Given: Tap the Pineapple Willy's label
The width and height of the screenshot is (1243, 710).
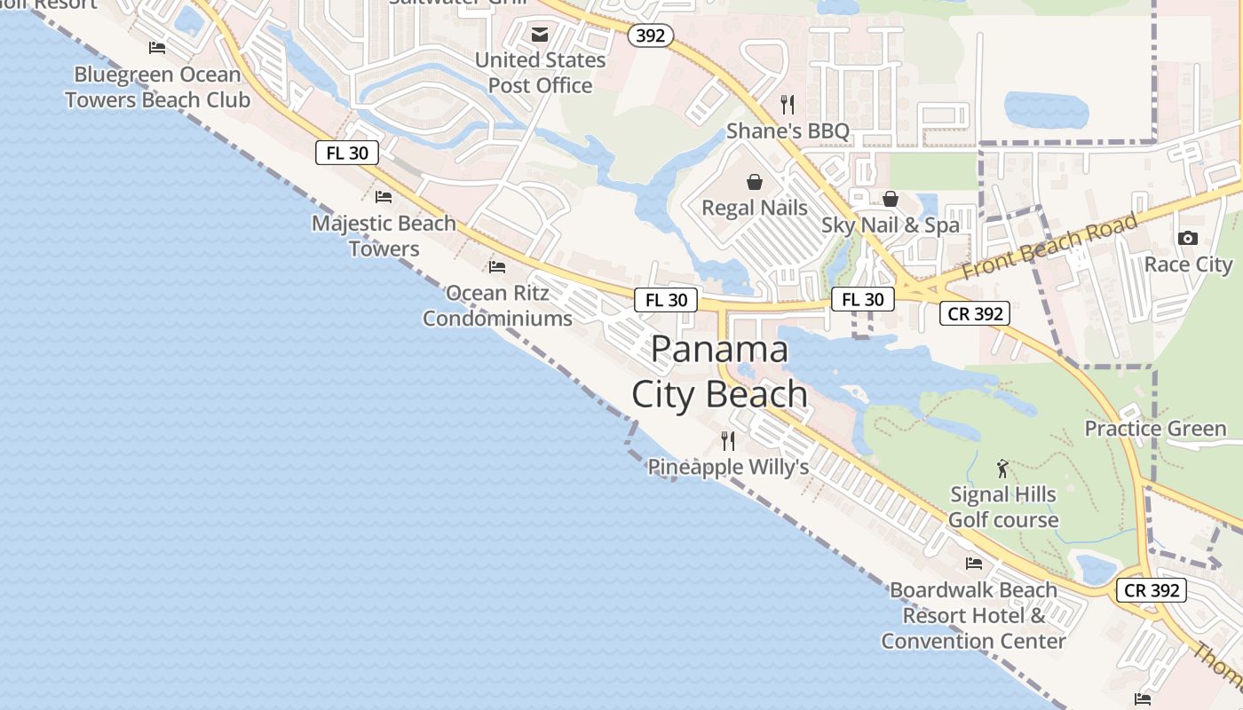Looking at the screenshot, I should click(x=728, y=467).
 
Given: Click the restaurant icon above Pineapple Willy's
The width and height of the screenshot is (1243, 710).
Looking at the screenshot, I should click(x=728, y=440).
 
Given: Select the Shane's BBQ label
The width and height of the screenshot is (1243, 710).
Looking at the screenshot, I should click(x=788, y=131).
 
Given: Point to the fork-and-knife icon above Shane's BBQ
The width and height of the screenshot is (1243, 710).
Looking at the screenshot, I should click(x=788, y=104).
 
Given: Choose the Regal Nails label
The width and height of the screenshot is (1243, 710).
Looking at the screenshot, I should click(x=755, y=208).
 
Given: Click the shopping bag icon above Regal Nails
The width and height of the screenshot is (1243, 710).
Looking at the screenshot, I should click(x=755, y=182).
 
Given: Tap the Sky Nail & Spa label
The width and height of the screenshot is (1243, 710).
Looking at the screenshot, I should click(x=891, y=225).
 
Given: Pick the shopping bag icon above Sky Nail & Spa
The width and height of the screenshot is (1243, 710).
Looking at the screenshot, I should click(x=891, y=199).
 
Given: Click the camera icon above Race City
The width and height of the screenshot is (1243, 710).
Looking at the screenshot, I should click(x=1188, y=238).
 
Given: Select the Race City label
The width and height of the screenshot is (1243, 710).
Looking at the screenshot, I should click(x=1188, y=264).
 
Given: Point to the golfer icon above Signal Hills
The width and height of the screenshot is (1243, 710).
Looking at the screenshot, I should click(x=1003, y=468).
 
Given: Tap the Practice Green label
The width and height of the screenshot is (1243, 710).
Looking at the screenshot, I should click(x=1155, y=429).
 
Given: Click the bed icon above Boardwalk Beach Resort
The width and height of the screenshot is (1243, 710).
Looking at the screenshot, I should click(x=974, y=563).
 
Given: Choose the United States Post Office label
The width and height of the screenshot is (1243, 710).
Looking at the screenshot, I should click(x=540, y=73).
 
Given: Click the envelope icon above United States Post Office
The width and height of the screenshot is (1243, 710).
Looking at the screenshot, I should click(x=540, y=35).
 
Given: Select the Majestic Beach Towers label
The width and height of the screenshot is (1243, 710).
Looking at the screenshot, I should click(x=384, y=236).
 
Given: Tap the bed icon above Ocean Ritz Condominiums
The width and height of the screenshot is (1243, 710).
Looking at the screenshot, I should click(x=497, y=266).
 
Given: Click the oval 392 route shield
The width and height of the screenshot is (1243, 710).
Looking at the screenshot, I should click(x=651, y=35).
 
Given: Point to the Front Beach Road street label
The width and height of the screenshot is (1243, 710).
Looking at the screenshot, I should click(x=1049, y=246).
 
